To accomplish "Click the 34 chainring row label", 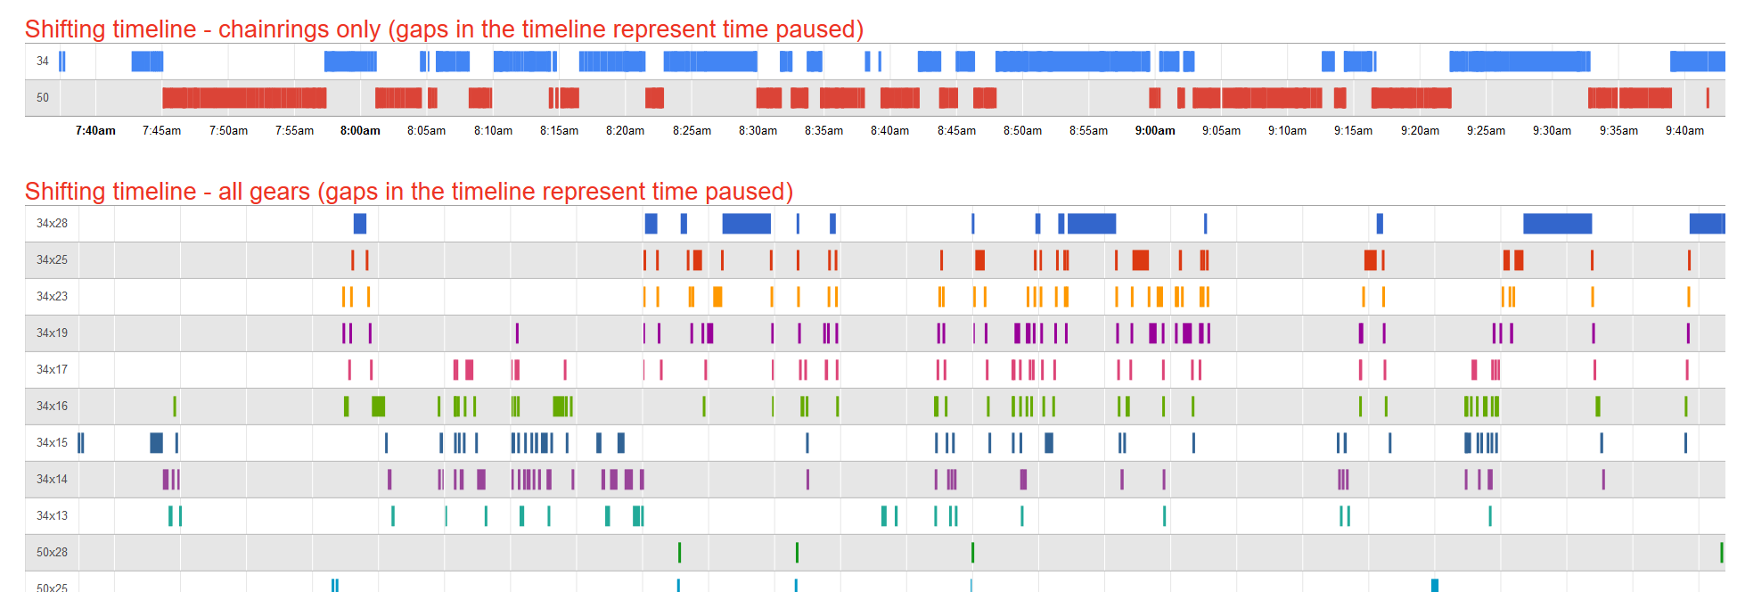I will [x=43, y=62].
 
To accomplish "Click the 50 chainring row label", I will [x=43, y=98].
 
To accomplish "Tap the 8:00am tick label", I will [x=360, y=131].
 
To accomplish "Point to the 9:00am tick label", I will [x=1155, y=131].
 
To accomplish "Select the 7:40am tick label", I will [x=95, y=131].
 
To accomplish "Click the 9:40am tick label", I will [x=1684, y=131].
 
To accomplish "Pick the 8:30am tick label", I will [x=758, y=131].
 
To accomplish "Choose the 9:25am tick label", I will [x=1486, y=131].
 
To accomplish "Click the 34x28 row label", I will [x=52, y=224].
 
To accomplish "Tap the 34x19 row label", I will [x=52, y=333].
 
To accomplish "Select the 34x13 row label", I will [x=52, y=516].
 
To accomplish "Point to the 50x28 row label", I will [x=52, y=553].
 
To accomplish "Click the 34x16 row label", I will [x=52, y=407].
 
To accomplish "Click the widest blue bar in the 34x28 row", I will [x=1557, y=224].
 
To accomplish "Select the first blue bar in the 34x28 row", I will [x=360, y=224].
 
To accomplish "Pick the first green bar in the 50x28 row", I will [x=679, y=553].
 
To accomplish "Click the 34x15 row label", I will [x=52, y=443].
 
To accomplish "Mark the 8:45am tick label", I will [x=956, y=131].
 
